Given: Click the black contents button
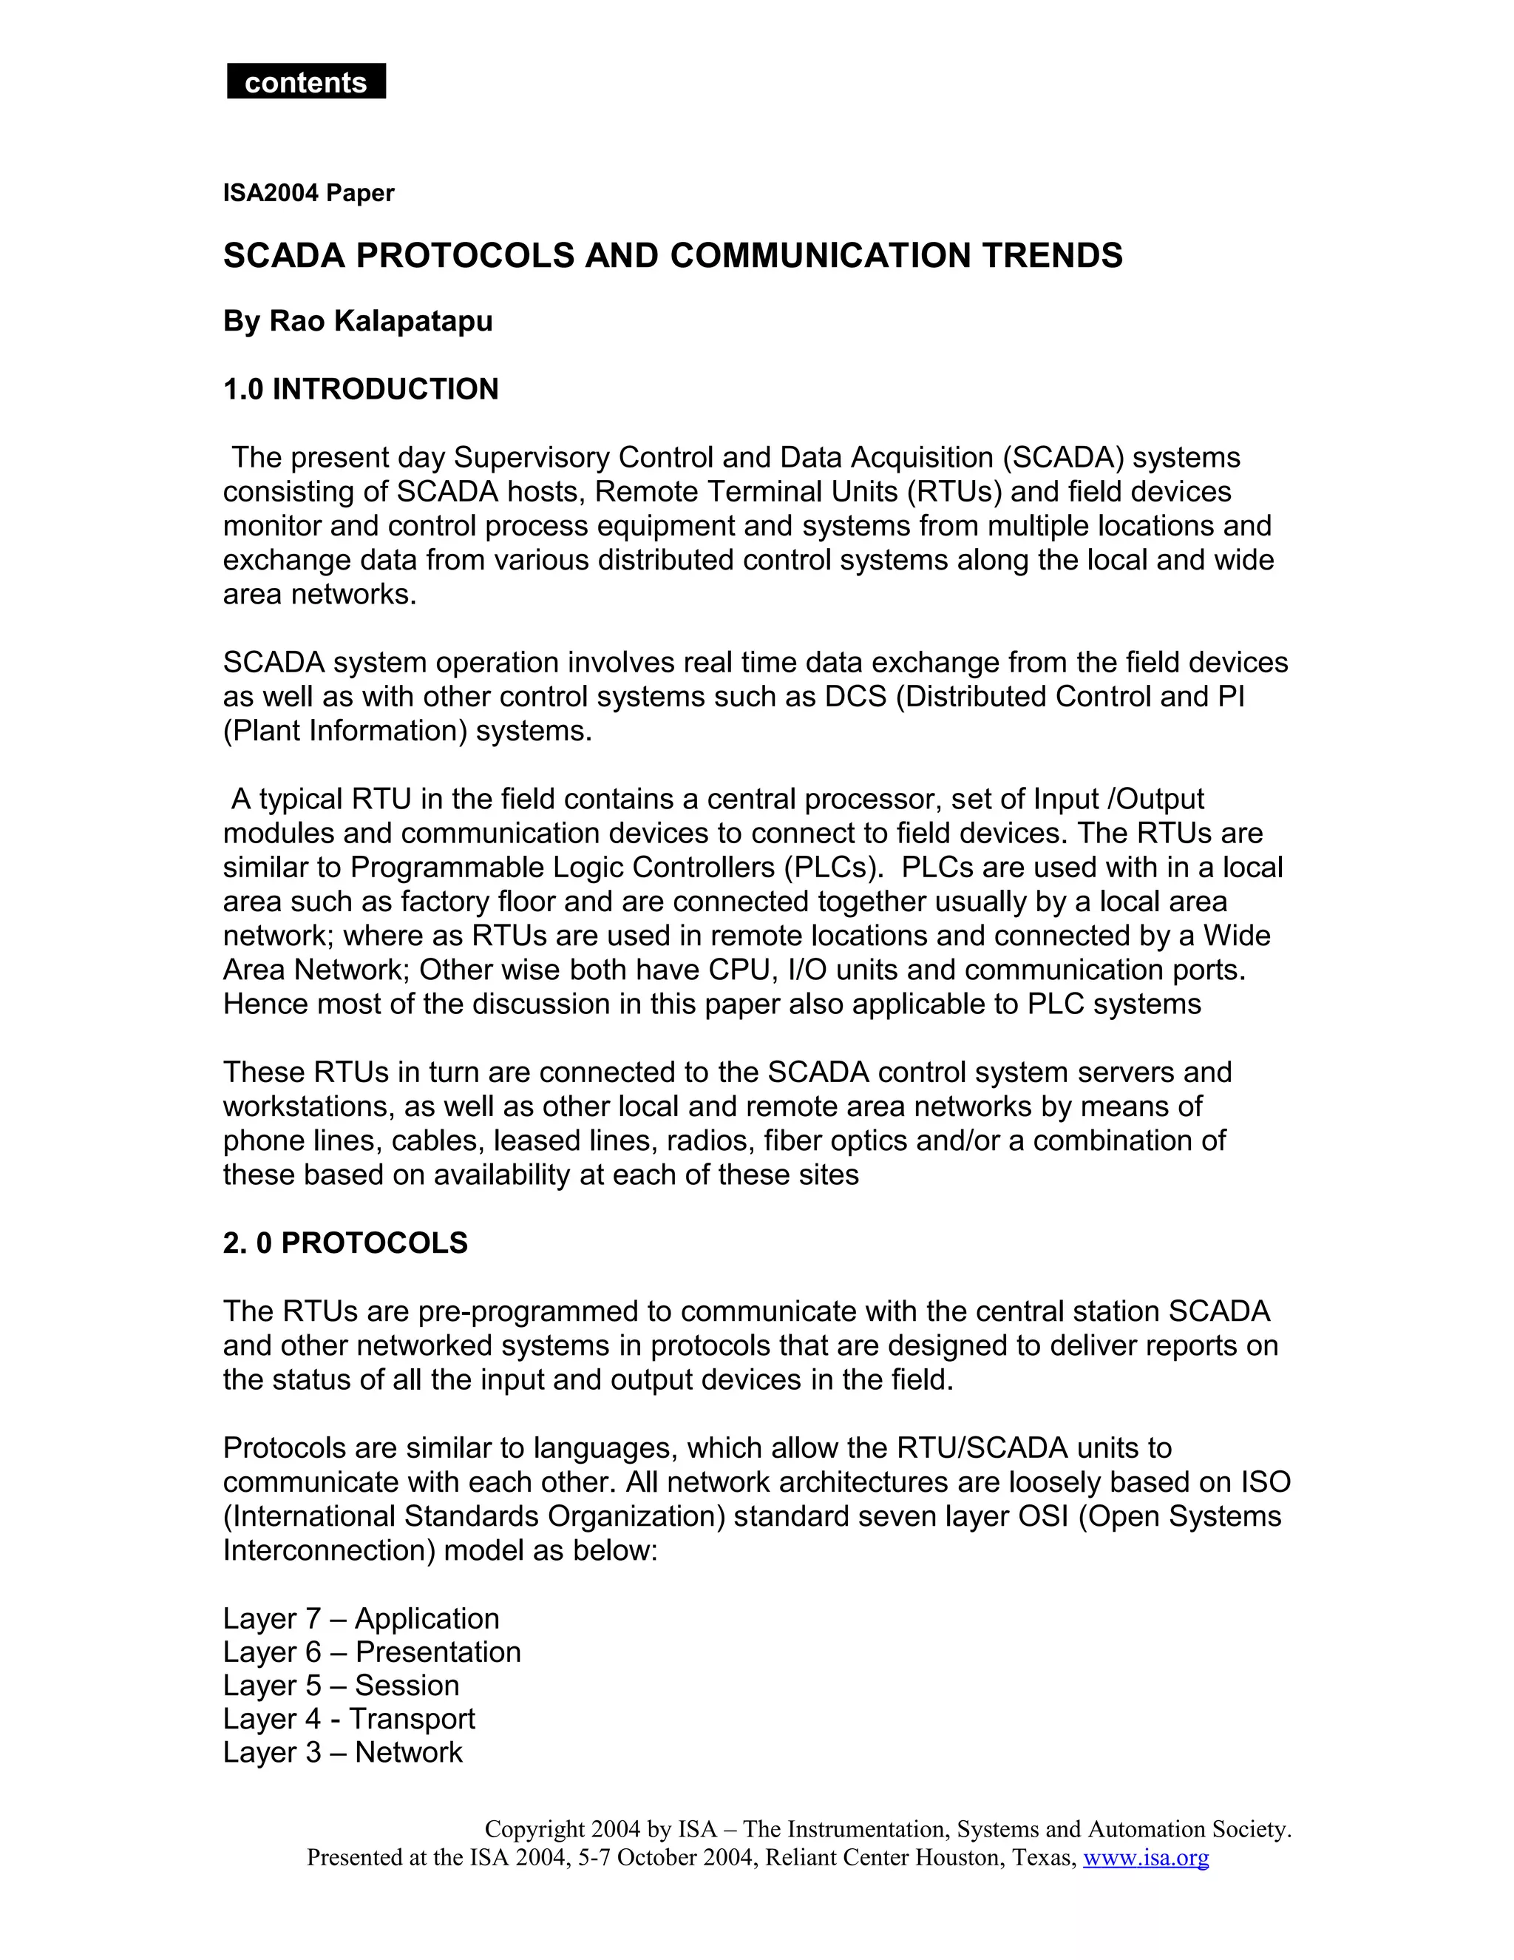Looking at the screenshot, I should (306, 81).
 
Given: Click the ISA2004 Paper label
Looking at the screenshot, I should (308, 193).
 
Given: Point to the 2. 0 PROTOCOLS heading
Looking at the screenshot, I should (345, 1243).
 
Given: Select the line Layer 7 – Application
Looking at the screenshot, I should (361, 1618).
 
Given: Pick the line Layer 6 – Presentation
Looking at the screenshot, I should (371, 1652).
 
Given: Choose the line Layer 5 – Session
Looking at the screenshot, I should (341, 1686).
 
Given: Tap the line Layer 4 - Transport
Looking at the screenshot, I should (349, 1719).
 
